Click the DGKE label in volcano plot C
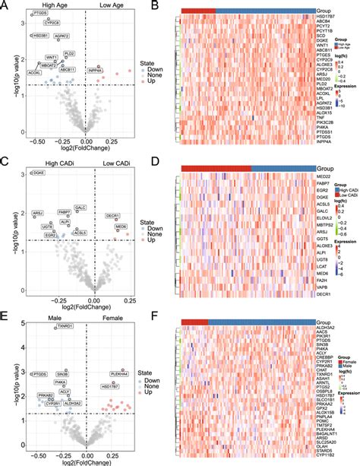click(38, 174)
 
